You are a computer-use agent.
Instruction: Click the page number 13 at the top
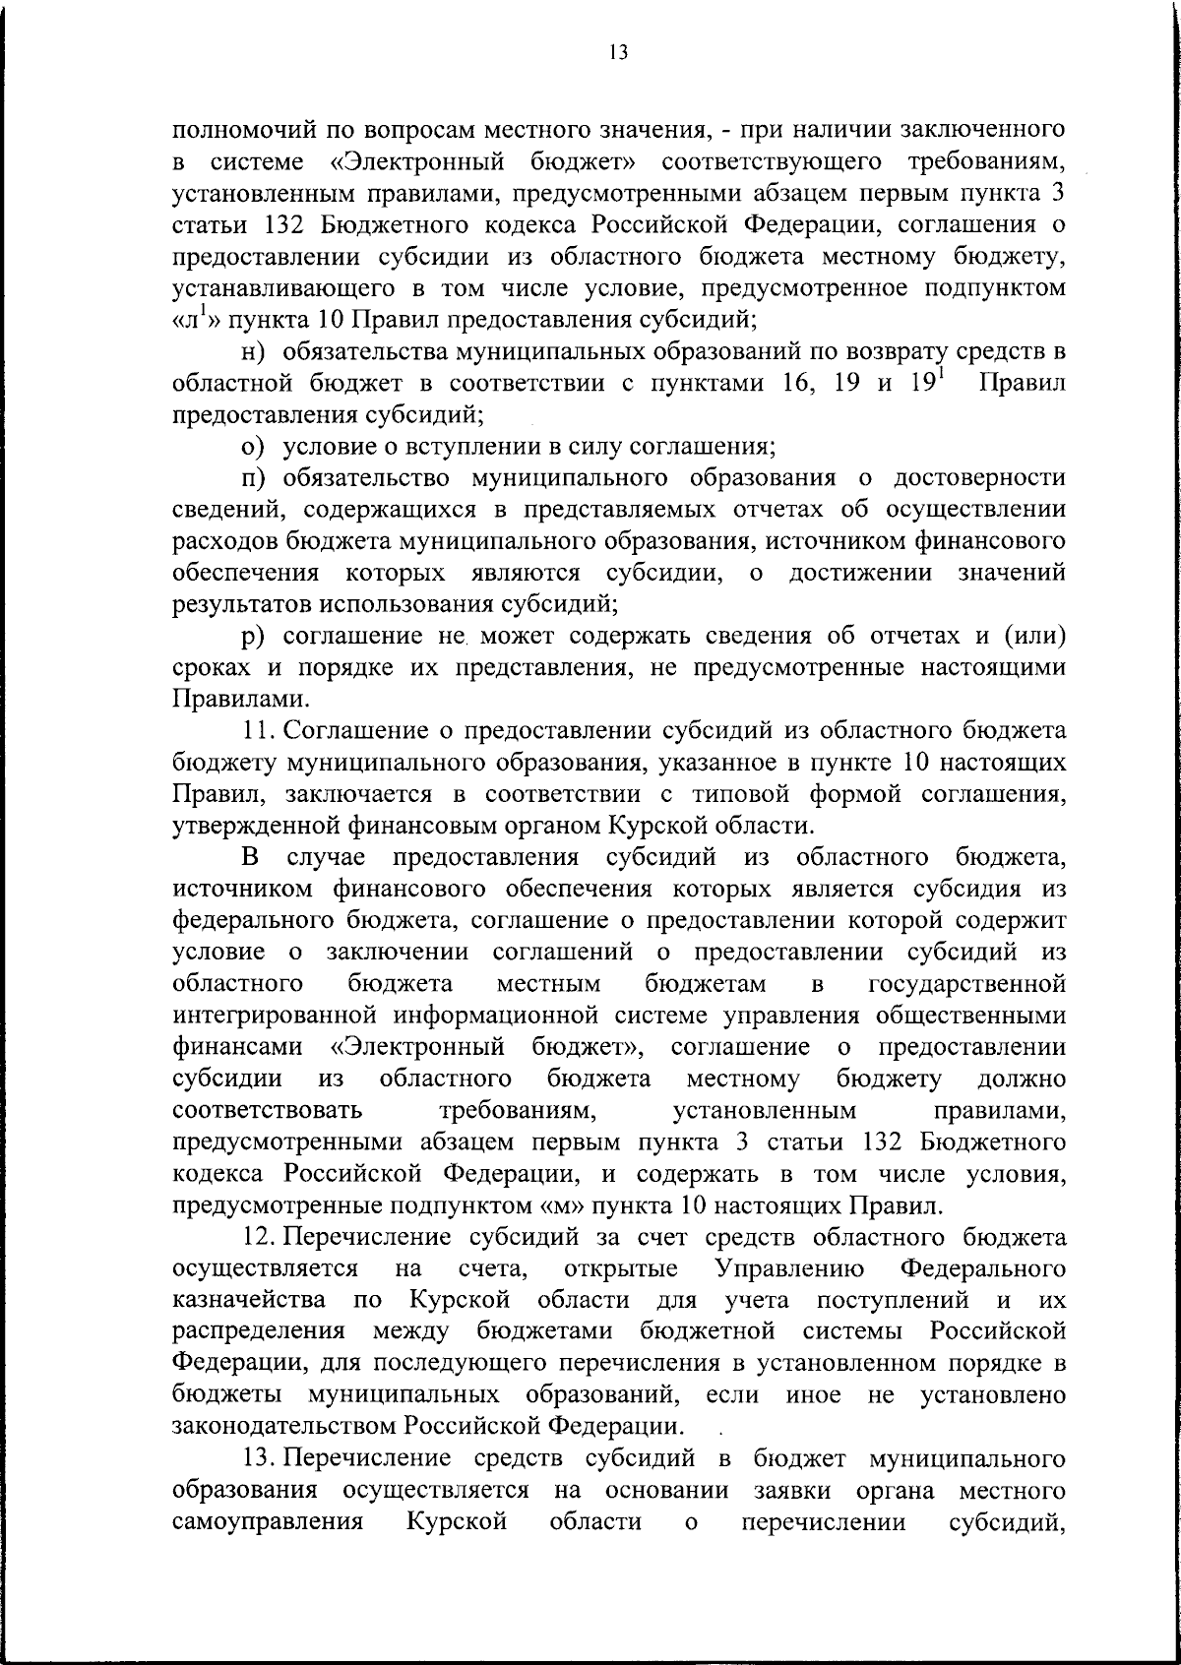point(618,52)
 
